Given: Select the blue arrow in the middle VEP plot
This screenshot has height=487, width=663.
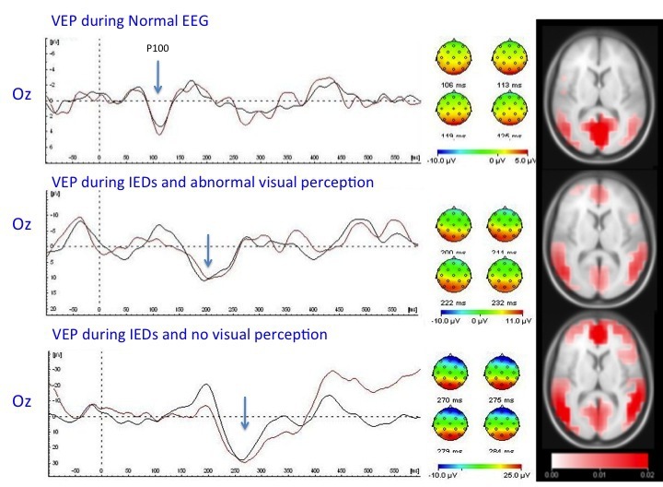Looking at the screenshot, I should (208, 249).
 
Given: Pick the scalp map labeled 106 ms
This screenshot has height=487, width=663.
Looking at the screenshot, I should (452, 65).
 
